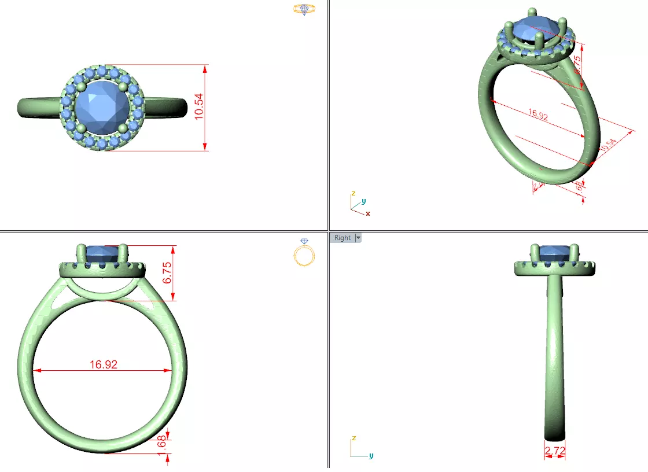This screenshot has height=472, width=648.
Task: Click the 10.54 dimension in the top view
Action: (x=200, y=108)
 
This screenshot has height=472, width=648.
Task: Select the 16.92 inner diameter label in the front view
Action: (x=104, y=364)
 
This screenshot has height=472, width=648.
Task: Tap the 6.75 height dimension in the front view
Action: (x=167, y=272)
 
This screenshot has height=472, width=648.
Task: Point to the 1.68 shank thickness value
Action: (x=162, y=445)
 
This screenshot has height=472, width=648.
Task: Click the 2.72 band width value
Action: (x=555, y=450)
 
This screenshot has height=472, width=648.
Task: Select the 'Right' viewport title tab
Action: (x=342, y=238)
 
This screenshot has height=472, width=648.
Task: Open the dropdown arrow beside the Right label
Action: (x=358, y=238)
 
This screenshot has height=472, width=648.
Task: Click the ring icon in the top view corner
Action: (x=304, y=9)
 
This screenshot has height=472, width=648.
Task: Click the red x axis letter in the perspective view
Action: (x=368, y=213)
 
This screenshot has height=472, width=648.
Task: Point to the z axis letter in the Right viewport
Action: (x=352, y=438)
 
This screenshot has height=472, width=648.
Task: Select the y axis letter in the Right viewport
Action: (x=371, y=455)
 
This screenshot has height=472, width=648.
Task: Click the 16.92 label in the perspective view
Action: (x=538, y=115)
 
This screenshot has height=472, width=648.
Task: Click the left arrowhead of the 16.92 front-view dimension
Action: (x=36, y=371)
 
